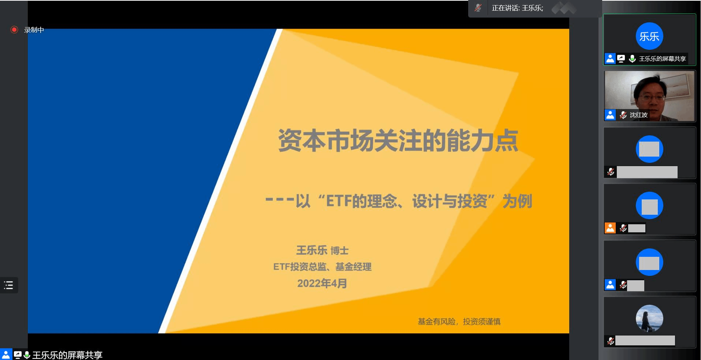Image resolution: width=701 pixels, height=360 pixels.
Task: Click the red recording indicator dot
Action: click(x=14, y=30)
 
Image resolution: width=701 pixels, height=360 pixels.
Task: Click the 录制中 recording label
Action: click(x=34, y=30)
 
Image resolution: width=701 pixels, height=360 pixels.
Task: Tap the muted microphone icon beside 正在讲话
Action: click(x=478, y=8)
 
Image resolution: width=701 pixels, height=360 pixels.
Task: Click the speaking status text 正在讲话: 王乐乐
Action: click(x=517, y=8)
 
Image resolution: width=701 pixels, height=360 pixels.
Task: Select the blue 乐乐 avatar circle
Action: click(x=649, y=36)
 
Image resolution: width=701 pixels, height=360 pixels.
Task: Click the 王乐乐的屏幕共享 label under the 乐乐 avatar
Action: click(x=662, y=59)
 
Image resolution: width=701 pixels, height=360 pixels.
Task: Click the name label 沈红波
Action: click(x=639, y=115)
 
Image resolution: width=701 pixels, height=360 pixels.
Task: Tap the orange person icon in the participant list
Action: click(x=610, y=228)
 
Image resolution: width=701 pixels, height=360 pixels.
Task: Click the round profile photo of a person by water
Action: click(x=649, y=318)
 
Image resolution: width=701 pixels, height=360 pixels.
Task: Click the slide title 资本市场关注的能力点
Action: click(x=398, y=140)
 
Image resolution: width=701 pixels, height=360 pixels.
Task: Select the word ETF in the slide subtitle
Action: click(x=339, y=201)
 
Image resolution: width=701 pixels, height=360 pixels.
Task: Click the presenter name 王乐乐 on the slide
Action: click(x=312, y=250)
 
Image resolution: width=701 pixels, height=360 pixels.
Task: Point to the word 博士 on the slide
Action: click(x=340, y=251)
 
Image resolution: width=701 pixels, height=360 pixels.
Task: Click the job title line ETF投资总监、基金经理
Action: click(x=322, y=267)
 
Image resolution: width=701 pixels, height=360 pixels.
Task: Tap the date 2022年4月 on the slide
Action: click(x=322, y=283)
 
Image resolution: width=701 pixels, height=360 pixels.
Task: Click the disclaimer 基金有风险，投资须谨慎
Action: click(x=459, y=322)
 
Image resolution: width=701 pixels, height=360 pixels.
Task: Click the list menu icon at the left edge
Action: click(x=8, y=285)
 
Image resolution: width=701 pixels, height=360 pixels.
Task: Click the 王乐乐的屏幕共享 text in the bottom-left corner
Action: click(x=67, y=355)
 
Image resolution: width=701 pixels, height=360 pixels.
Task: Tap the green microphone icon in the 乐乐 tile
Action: click(x=632, y=59)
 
